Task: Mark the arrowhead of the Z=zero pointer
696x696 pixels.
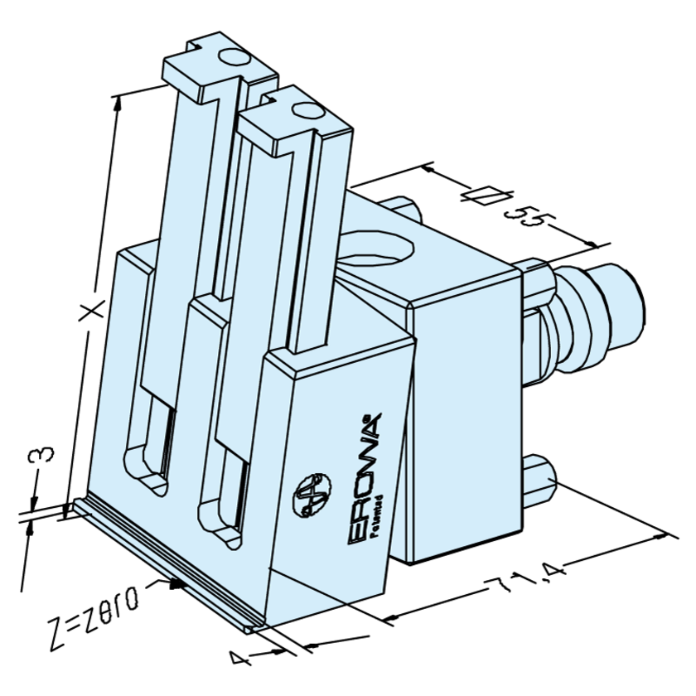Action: click(177, 583)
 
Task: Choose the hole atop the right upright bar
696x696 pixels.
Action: click(305, 110)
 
